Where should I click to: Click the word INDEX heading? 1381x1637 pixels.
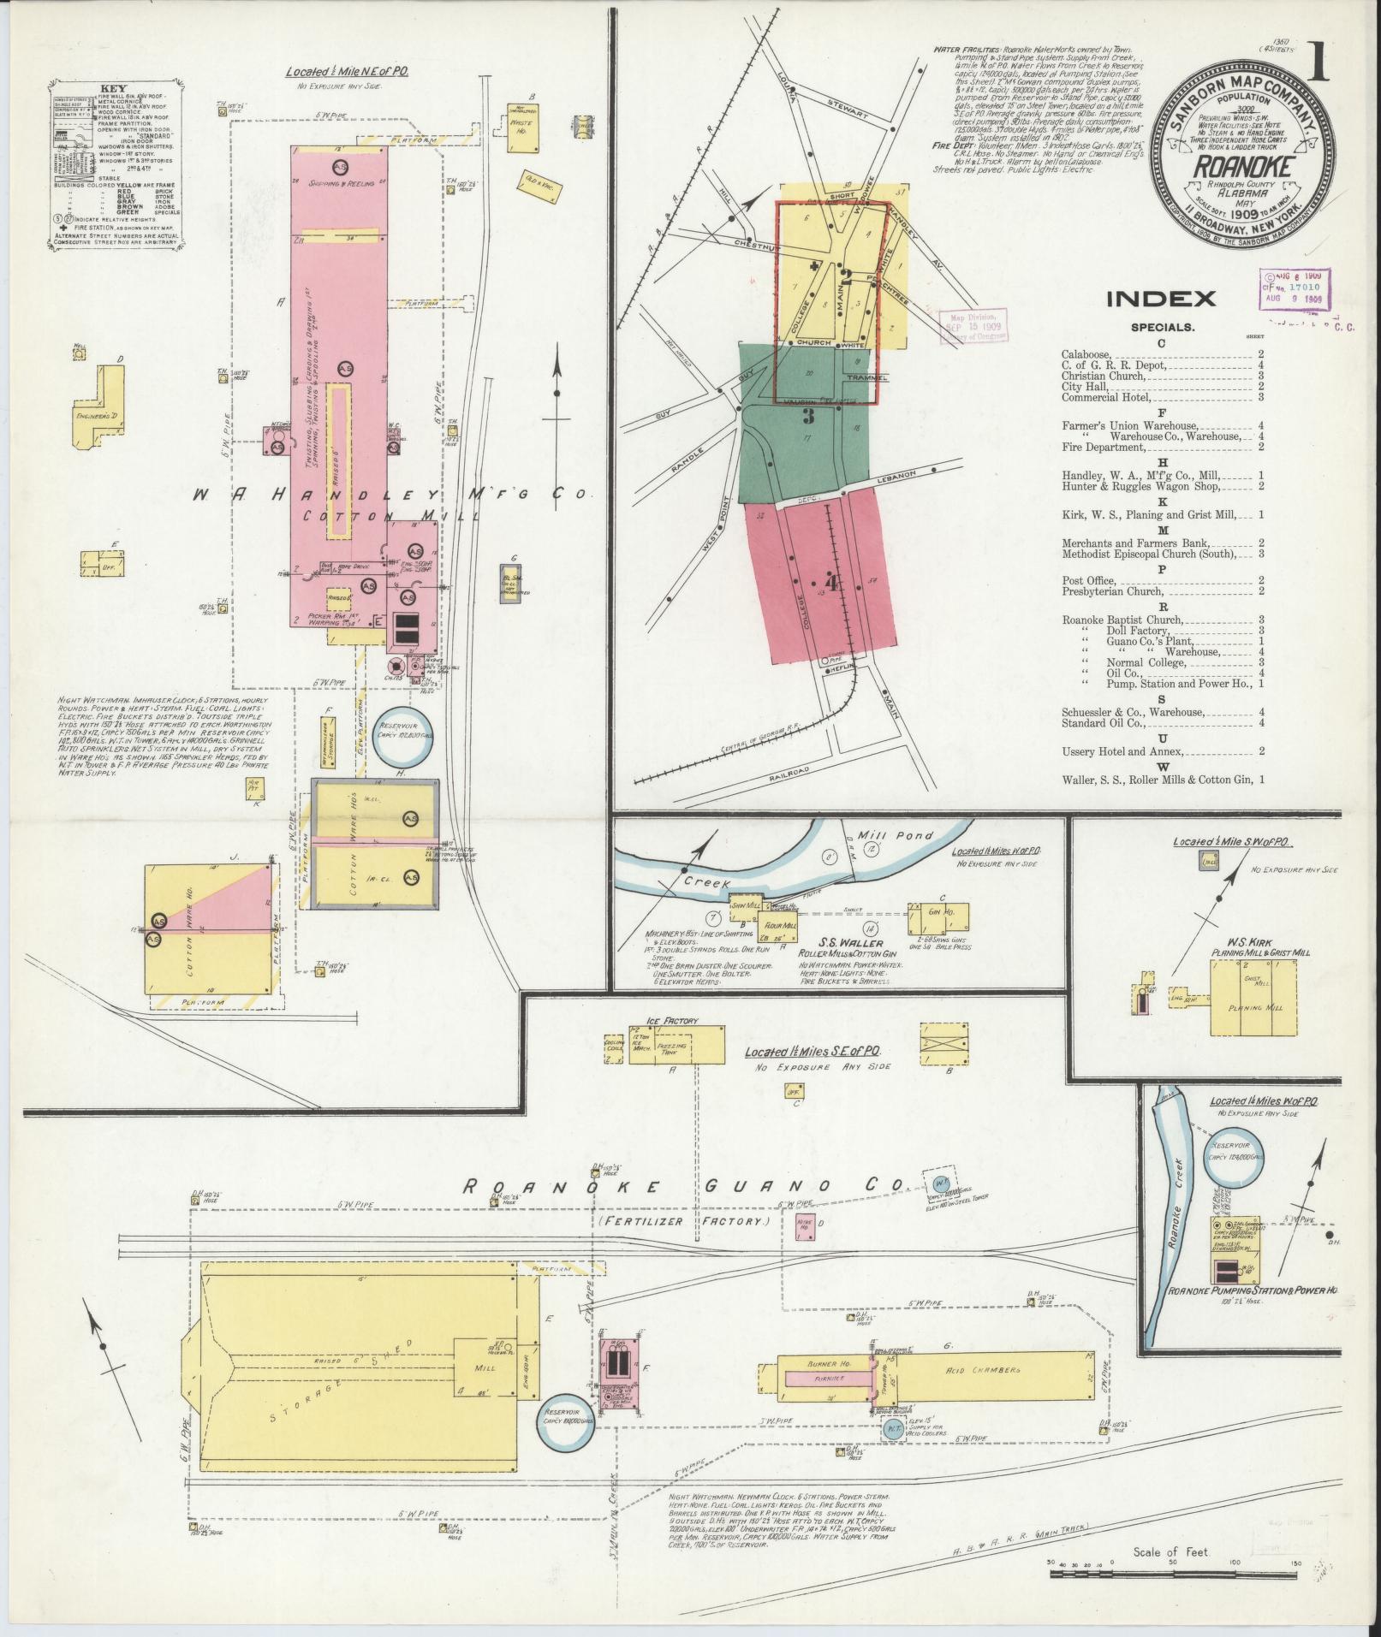[x=1160, y=299]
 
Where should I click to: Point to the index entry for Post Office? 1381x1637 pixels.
[x=1089, y=580]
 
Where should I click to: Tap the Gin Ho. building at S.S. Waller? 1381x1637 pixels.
[x=946, y=914]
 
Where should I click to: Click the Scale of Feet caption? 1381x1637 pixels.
[x=1170, y=1551]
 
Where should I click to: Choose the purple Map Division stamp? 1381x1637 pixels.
[x=973, y=326]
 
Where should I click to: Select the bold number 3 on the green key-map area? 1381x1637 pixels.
[x=807, y=417]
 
